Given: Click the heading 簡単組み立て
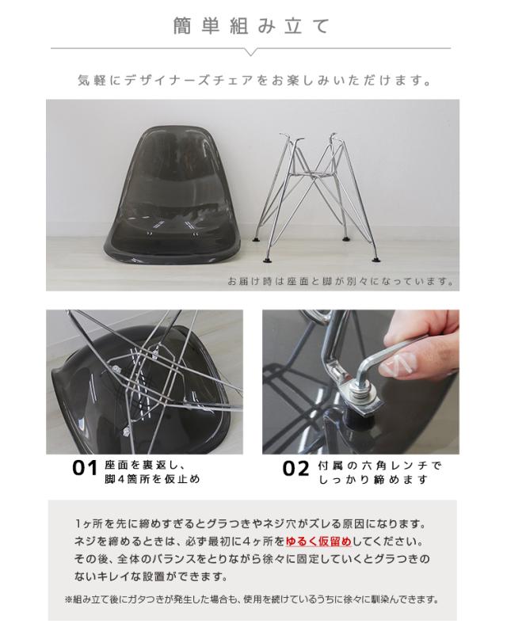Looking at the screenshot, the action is (251, 26).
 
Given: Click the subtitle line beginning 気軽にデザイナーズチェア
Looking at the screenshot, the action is (254, 80).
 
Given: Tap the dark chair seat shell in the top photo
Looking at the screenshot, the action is (173, 196).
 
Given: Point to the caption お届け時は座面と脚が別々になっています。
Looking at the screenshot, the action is (341, 281).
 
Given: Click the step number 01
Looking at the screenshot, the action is (85, 469).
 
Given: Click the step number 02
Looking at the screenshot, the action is (295, 469).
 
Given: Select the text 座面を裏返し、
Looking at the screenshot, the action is (145, 465).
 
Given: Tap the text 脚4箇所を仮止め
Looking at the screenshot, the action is (152, 479).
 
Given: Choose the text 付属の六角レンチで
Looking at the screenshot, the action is (379, 466).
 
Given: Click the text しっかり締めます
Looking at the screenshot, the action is (373, 480).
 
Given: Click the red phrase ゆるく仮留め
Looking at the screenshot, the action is (318, 542).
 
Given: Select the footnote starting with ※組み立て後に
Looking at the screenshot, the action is (252, 599).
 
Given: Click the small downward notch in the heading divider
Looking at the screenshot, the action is (251, 51).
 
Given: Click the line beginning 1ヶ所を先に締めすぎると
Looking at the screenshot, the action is (251, 524).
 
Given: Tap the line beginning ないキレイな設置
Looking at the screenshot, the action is (151, 576).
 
